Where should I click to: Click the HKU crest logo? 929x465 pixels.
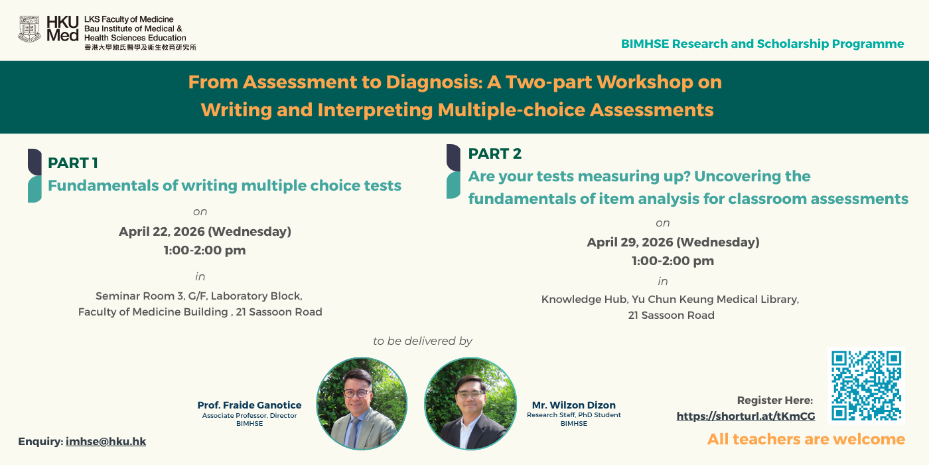pyautogui.click(x=29, y=29)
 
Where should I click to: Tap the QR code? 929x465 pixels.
pyautogui.click(x=867, y=385)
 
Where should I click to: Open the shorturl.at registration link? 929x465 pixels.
pyautogui.click(x=746, y=416)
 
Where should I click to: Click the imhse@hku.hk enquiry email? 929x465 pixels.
pyautogui.click(x=106, y=441)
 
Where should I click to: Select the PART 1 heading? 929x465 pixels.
pyautogui.click(x=73, y=163)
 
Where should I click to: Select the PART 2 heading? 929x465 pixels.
pyautogui.click(x=495, y=153)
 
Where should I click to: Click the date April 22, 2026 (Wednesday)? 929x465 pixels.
pyautogui.click(x=205, y=231)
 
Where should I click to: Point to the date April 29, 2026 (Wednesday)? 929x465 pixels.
pyautogui.click(x=673, y=242)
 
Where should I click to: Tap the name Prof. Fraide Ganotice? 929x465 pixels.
pyautogui.click(x=250, y=405)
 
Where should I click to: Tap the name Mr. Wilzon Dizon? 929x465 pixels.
pyautogui.click(x=573, y=405)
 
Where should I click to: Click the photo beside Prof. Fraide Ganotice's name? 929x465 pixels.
pyautogui.click(x=362, y=404)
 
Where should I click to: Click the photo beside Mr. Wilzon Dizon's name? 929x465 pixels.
pyautogui.click(x=470, y=404)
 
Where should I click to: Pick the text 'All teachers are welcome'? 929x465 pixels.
pyautogui.click(x=806, y=439)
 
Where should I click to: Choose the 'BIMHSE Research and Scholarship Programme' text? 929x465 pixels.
pyautogui.click(x=762, y=44)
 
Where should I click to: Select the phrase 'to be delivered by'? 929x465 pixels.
pyautogui.click(x=423, y=341)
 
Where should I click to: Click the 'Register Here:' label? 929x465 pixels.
pyautogui.click(x=775, y=400)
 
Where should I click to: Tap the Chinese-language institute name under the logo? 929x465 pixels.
pyautogui.click(x=140, y=47)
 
